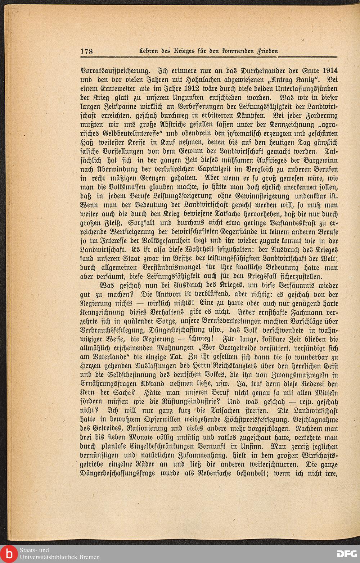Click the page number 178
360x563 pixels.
tap(86, 51)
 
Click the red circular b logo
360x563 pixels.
tap(8, 554)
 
